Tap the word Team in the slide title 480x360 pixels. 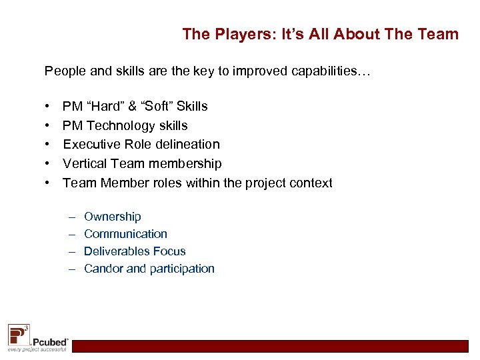[439, 34]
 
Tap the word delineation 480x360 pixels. [186, 144]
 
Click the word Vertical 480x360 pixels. [85, 163]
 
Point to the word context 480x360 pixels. [310, 183]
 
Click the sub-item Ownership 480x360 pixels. [113, 217]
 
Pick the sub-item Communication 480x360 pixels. [125, 234]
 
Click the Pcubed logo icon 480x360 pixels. [19, 333]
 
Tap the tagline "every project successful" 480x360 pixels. [37, 349]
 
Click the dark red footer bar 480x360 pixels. [270, 345]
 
